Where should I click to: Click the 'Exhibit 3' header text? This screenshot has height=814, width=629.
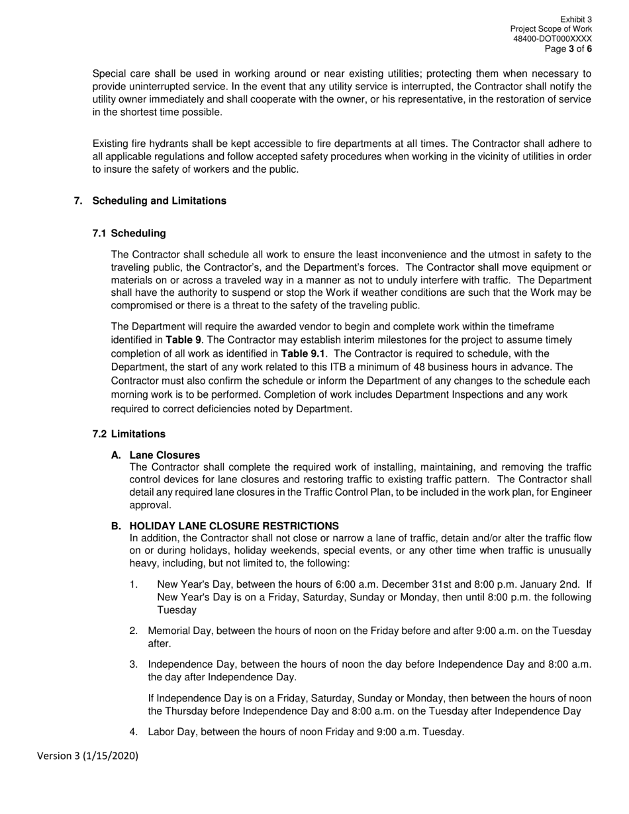(x=575, y=20)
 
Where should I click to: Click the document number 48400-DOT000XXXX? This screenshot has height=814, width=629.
(x=552, y=39)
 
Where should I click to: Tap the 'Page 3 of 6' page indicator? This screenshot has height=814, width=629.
(x=568, y=49)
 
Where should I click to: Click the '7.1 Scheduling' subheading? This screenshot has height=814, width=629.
(x=129, y=234)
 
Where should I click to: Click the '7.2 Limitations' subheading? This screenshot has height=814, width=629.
(x=129, y=434)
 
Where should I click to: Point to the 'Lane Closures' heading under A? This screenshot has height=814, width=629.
(x=164, y=455)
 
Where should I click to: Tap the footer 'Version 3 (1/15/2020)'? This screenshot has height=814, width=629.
(x=87, y=756)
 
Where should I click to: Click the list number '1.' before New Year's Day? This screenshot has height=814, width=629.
(x=134, y=584)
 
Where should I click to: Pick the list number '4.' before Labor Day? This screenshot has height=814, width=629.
(x=134, y=732)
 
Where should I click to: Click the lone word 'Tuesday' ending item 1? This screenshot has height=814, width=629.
(x=176, y=610)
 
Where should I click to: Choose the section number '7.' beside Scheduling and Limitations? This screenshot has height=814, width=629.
(x=78, y=201)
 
